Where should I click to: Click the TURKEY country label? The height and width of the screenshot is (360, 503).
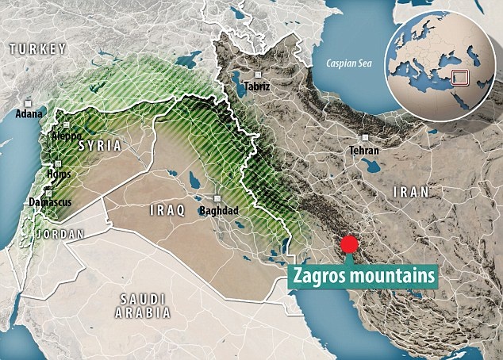[37, 50]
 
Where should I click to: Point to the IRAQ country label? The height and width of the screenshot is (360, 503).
[167, 211]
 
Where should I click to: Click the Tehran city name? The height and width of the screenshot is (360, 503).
[363, 149]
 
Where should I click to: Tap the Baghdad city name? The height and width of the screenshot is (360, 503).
[220, 211]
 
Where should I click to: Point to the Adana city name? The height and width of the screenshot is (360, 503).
[29, 113]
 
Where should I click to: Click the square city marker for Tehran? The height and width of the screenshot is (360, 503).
[362, 136]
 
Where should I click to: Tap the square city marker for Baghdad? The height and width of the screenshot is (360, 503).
[217, 199]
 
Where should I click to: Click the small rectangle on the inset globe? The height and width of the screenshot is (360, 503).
[457, 78]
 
